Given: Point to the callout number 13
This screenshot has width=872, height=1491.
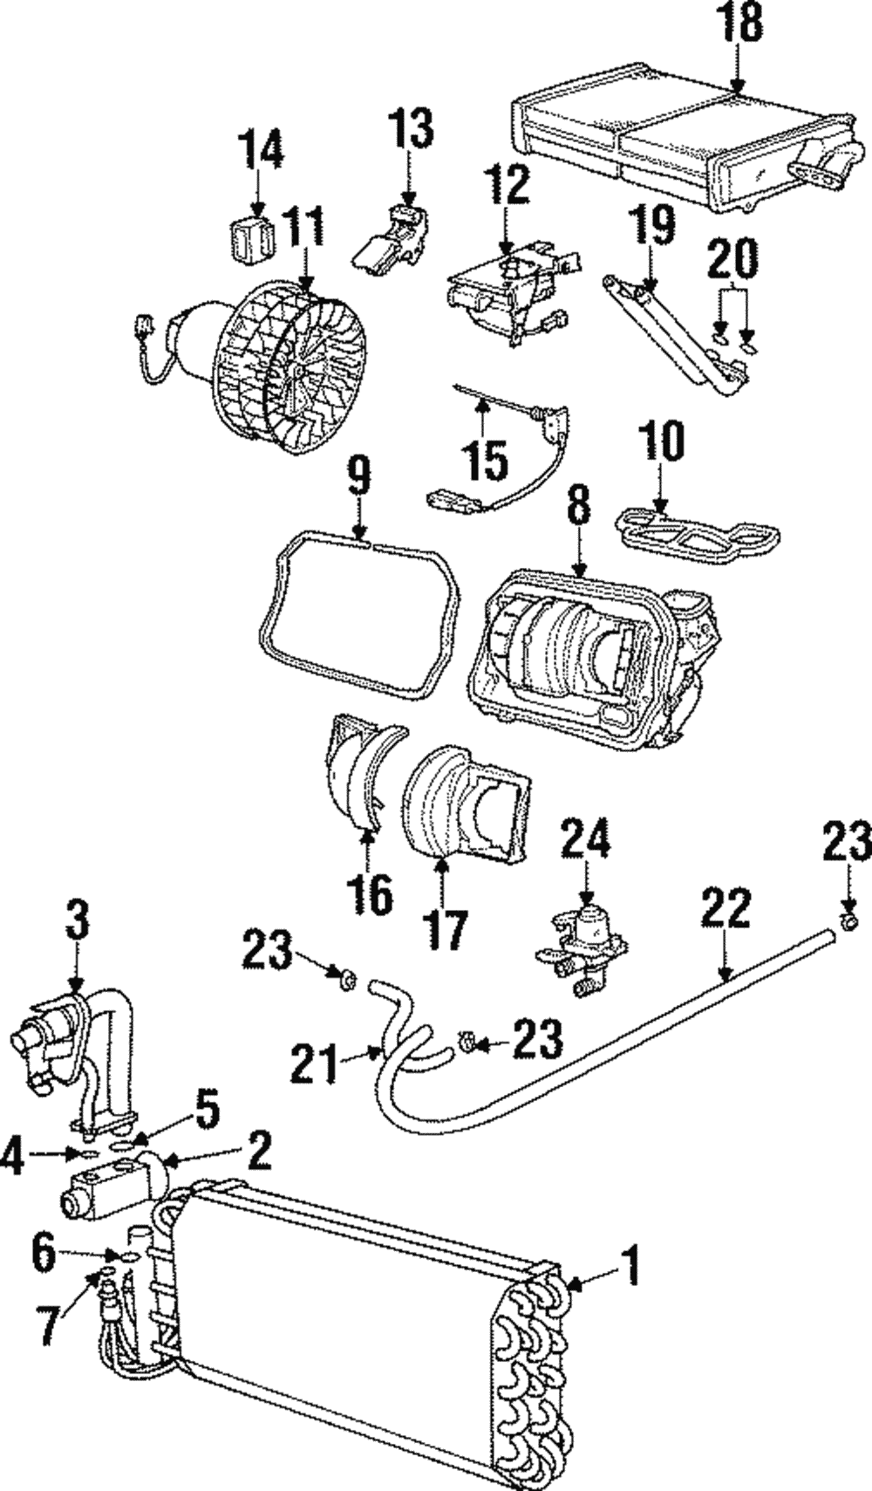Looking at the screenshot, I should [411, 130].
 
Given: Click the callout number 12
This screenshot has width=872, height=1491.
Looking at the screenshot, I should [509, 186].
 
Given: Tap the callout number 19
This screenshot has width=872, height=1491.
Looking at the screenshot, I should [653, 226].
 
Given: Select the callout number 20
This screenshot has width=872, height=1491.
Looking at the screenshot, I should [732, 259].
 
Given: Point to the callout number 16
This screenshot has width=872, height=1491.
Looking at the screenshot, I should [372, 893].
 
